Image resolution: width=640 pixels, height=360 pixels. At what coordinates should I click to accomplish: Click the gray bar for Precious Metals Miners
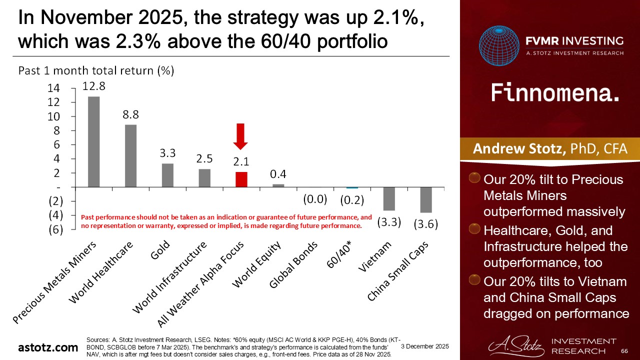click(94, 141)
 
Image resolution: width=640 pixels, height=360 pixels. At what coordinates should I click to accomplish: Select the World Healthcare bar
click(130, 155)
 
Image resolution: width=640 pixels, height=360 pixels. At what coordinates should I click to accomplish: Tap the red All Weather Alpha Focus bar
click(241, 179)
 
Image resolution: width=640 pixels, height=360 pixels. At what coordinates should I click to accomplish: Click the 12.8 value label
click(94, 86)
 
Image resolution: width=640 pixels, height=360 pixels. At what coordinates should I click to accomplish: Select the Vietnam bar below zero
click(389, 198)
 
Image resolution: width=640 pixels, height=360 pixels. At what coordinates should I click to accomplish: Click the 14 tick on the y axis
click(53, 88)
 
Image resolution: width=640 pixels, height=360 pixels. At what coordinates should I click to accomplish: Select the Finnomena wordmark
click(555, 93)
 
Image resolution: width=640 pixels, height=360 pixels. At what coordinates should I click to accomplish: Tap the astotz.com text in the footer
click(48, 347)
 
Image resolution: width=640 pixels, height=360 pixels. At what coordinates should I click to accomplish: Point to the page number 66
click(624, 351)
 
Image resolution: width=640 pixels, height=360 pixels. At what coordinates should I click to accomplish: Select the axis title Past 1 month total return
click(96, 70)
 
